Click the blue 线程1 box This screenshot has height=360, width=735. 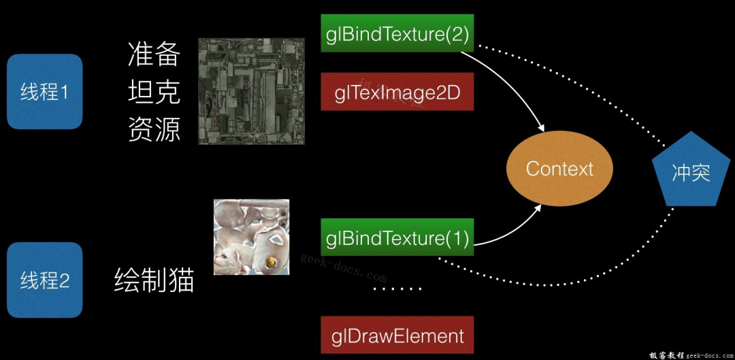(44, 92)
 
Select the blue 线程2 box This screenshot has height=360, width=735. (44, 280)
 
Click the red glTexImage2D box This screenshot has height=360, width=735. (397, 91)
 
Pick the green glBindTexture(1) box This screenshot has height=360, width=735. (397, 238)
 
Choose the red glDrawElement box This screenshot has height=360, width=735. (397, 336)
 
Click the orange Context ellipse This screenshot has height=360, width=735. (559, 169)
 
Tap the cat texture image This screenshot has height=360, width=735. (251, 237)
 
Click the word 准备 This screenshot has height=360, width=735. (154, 54)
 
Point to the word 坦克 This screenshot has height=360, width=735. (154, 92)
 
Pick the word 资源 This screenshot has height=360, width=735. (154, 129)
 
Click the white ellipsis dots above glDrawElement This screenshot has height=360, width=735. (397, 289)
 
